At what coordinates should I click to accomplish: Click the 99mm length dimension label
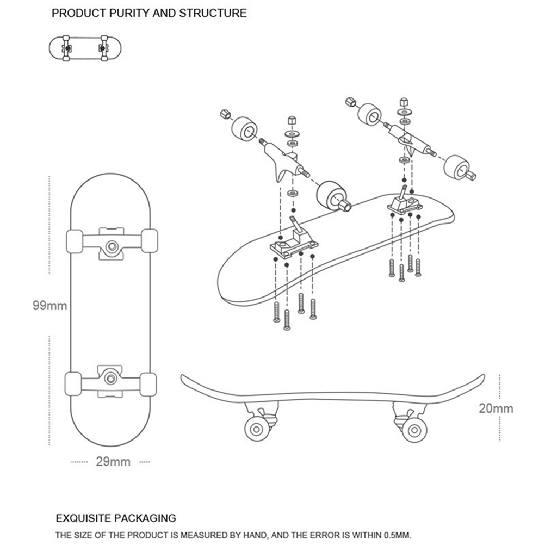point(49,306)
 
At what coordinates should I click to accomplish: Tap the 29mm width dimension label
point(113,462)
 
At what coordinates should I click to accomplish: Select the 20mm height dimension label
point(496,408)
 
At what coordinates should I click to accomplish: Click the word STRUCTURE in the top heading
point(212,13)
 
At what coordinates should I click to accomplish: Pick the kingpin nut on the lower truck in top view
point(110,376)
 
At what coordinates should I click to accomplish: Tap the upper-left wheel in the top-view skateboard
point(74,240)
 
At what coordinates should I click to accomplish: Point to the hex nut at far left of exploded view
point(224,115)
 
